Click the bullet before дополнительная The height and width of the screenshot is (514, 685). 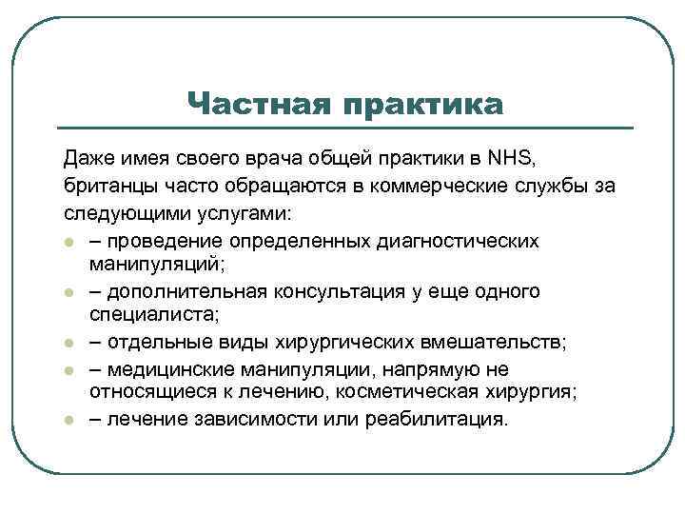point(68,292)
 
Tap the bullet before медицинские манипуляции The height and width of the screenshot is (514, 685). point(68,369)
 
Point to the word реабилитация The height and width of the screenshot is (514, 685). point(446,421)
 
